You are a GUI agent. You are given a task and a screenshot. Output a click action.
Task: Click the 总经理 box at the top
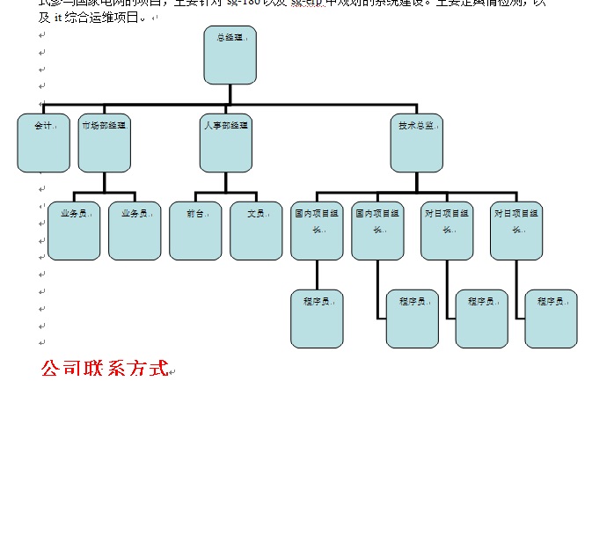click(230, 55)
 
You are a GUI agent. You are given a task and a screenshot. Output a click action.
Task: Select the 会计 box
click(43, 143)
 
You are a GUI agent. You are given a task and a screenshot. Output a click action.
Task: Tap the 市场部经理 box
click(104, 143)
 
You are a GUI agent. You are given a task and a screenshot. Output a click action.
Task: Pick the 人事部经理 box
click(225, 143)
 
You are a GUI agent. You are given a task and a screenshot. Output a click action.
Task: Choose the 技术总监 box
click(416, 143)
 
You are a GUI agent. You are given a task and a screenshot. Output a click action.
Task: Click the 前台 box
click(195, 231)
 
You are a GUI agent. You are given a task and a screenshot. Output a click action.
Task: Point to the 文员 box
click(256, 231)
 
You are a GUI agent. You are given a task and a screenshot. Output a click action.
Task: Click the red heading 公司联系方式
click(104, 369)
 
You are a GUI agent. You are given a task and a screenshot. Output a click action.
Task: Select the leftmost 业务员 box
click(74, 231)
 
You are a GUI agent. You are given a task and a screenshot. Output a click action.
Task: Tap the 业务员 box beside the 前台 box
click(135, 231)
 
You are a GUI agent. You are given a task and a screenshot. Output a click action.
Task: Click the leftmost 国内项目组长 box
click(317, 231)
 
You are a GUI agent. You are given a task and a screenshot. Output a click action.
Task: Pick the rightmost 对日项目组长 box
click(516, 231)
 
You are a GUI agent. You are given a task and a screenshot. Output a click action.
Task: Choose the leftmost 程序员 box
click(317, 319)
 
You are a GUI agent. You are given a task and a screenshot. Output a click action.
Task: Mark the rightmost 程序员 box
click(551, 319)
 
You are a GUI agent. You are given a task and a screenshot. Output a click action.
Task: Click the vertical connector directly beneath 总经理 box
click(230, 94)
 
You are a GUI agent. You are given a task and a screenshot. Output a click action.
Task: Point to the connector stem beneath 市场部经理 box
click(104, 182)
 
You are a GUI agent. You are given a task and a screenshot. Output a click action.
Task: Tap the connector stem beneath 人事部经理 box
click(225, 182)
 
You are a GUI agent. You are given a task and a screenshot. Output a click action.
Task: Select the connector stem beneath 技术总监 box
click(416, 182)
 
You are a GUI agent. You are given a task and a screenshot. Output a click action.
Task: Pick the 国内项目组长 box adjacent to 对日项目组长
click(377, 231)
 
